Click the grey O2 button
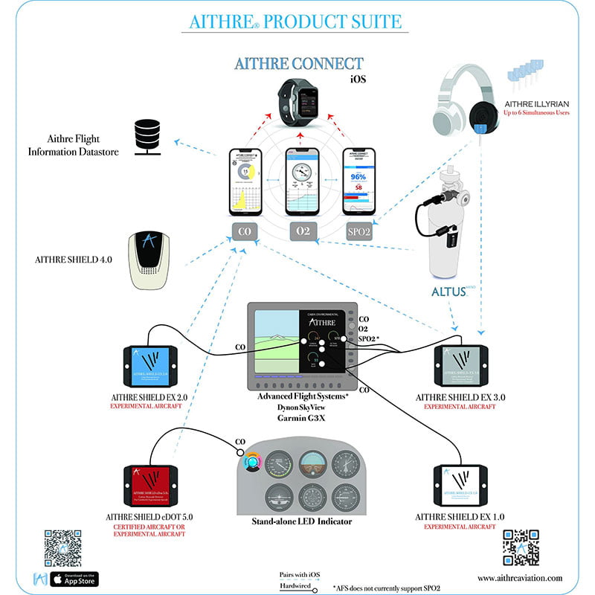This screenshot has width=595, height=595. pos(302,231)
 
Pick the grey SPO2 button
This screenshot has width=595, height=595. pos(358,231)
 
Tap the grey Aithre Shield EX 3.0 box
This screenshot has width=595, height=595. pos(463,364)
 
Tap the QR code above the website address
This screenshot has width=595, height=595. pos(521,548)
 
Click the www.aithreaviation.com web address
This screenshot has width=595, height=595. pos(520,578)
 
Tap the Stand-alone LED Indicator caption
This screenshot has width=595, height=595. pos(302,521)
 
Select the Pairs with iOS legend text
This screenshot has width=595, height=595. pos(299,574)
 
